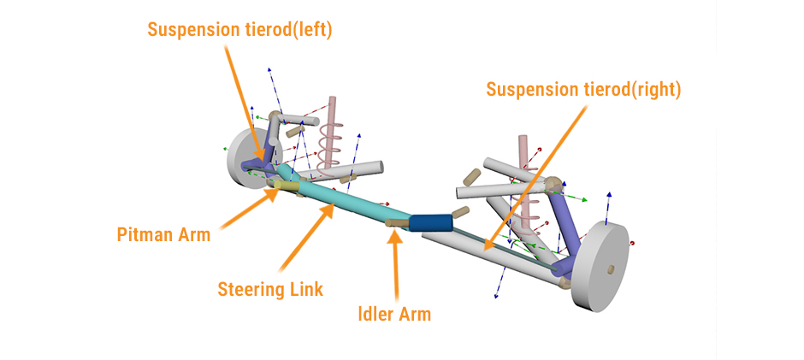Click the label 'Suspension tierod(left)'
coord(239,29)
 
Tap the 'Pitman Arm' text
coord(163,234)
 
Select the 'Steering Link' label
coord(269,289)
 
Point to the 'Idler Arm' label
coord(393,314)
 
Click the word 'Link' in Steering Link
coord(304,289)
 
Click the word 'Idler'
coord(375,314)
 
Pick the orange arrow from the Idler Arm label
coord(395,265)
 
